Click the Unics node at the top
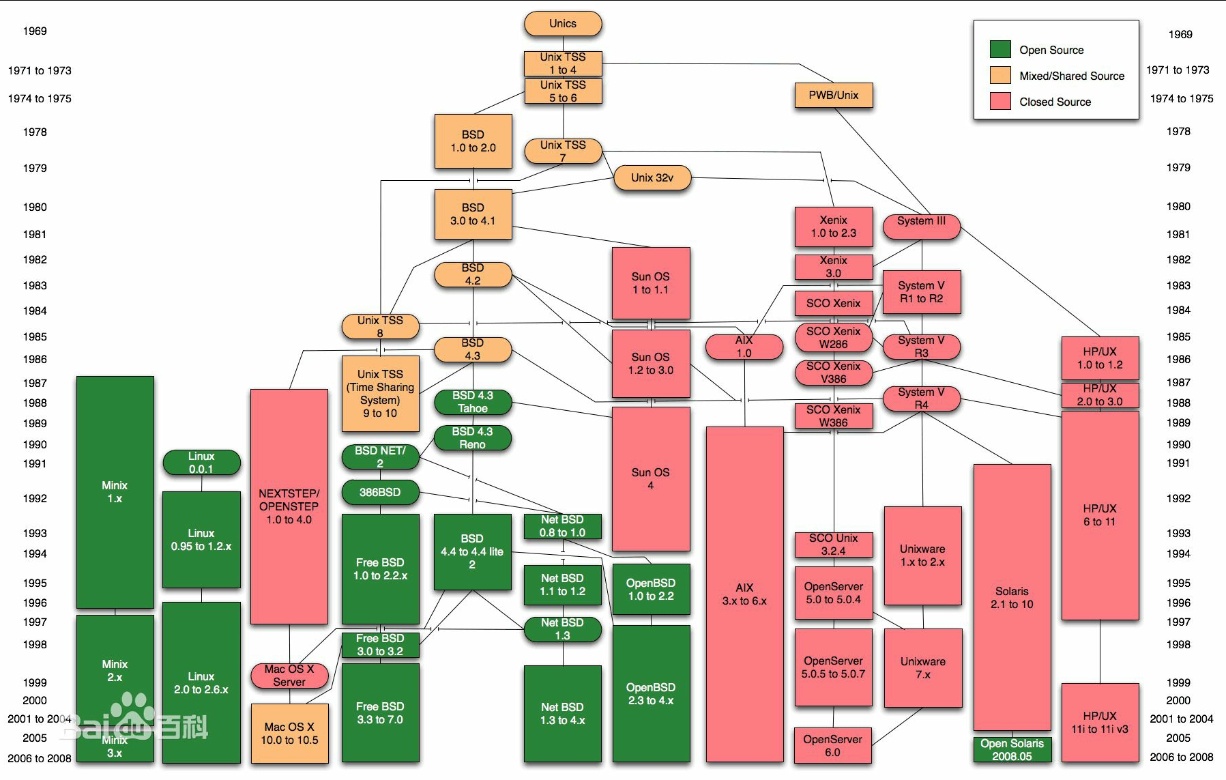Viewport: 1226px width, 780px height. (x=563, y=24)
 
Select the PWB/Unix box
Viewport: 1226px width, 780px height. (x=834, y=95)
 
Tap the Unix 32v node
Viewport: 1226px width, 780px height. (x=652, y=178)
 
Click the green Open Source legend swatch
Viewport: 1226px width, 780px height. (x=1000, y=49)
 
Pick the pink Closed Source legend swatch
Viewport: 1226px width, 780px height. (x=1000, y=101)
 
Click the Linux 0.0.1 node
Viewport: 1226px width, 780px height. (x=201, y=463)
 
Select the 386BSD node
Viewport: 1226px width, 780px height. (x=380, y=492)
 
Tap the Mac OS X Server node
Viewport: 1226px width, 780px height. (x=289, y=676)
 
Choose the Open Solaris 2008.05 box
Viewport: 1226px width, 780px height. (x=1012, y=749)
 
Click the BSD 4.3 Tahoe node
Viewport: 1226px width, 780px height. (x=473, y=402)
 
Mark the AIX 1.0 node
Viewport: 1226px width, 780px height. (x=744, y=347)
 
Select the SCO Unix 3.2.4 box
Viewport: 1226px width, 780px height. (x=834, y=545)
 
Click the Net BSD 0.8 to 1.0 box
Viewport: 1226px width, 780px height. (x=563, y=526)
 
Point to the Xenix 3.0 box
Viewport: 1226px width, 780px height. (x=834, y=267)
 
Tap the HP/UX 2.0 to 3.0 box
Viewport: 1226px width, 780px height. (x=1100, y=395)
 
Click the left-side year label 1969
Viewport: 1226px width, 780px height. (x=35, y=31)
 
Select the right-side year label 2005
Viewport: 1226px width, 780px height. (x=1178, y=738)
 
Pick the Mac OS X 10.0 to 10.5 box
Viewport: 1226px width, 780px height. (x=289, y=734)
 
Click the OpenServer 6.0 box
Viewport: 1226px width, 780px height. (x=833, y=745)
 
